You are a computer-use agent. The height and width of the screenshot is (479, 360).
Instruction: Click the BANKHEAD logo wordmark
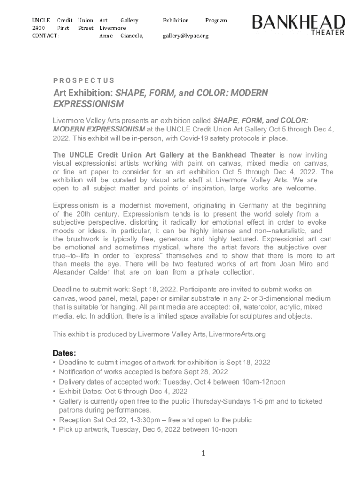coord(299,22)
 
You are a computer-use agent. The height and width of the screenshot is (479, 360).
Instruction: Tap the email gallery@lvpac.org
coord(185,36)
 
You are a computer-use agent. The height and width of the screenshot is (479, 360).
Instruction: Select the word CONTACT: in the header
coord(45,36)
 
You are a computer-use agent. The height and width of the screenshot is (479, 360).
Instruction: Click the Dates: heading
coord(64,353)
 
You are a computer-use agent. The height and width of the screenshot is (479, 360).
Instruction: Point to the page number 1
coord(204,453)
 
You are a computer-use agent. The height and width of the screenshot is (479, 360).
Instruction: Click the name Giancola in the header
coord(132,36)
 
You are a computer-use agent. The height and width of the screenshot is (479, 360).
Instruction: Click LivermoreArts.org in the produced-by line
coord(237,334)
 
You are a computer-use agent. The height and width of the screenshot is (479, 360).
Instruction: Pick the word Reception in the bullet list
coord(75,420)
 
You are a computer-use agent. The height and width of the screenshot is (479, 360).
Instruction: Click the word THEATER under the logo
coord(328,32)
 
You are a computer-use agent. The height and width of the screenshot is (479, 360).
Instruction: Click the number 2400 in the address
coord(38,28)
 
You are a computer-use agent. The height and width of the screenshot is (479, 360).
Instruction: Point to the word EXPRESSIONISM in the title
coord(88,103)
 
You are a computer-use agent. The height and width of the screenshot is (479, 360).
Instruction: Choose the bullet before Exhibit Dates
coord(54,392)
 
